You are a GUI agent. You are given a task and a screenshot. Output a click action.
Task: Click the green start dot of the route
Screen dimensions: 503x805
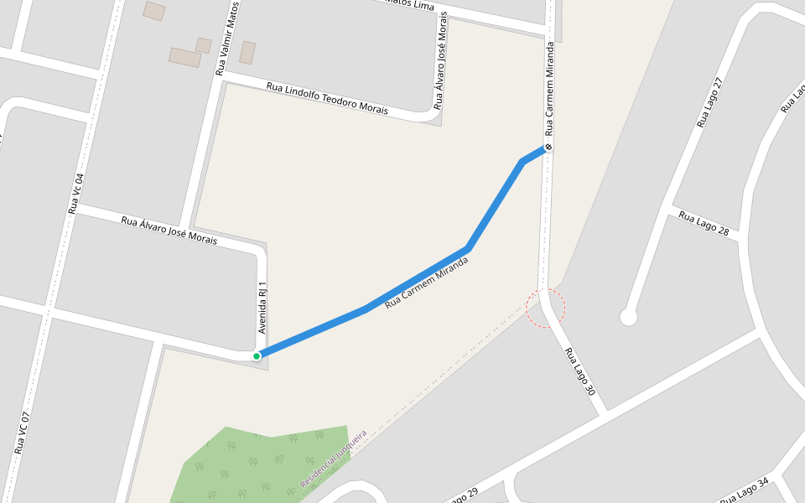pos(257,355)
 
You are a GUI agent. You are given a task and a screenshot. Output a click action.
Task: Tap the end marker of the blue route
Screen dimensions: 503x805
pos(548,148)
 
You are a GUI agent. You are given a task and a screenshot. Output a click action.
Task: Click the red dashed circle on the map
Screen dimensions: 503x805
pos(546,309)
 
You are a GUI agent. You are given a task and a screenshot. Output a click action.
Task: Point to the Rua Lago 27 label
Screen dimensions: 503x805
pos(709,103)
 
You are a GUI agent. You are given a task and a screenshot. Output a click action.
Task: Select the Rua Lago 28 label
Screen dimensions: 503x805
pos(704,224)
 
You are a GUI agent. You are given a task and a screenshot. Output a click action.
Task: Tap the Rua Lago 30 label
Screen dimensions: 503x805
pos(579,371)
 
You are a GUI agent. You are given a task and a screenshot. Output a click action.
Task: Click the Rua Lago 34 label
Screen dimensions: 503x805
pos(744,490)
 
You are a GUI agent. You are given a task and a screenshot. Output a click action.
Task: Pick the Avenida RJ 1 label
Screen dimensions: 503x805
pos(262,307)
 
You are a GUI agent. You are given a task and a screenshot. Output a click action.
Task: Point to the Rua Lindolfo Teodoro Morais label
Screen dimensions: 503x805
pos(327,97)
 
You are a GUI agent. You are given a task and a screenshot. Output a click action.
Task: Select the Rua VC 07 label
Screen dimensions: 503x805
pos(23,433)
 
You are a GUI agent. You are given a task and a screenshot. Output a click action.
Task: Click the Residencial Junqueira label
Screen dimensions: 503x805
pos(334,460)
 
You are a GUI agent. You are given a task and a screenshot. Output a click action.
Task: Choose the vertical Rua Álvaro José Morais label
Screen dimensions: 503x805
pos(439,62)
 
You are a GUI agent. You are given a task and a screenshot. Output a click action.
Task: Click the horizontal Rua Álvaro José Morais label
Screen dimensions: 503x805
pos(169,231)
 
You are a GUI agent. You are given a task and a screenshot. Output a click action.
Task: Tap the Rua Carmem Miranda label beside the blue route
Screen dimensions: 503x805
pos(425,283)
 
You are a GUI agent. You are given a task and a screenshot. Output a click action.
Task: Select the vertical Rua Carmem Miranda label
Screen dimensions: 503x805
pos(550,89)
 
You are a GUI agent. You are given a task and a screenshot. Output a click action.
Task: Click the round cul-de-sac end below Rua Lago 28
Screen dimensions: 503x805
pos(628,317)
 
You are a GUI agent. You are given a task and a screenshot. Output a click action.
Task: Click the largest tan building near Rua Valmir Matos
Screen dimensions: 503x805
pos(184,57)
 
